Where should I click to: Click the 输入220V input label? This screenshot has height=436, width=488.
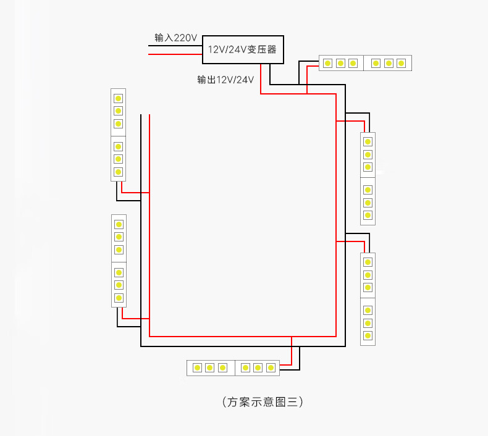pyautogui.click(x=175, y=38)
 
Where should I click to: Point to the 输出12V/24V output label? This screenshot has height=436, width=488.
pyautogui.click(x=225, y=80)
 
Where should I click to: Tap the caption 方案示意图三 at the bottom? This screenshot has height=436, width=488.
pyautogui.click(x=262, y=402)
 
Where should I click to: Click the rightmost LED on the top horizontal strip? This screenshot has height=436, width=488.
pyautogui.click(x=401, y=63)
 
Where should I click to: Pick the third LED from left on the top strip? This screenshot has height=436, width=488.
pyautogui.click(x=353, y=63)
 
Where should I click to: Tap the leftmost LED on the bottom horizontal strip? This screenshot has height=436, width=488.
pyautogui.click(x=197, y=368)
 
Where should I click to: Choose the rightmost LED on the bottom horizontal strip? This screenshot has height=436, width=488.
pyautogui.click(x=270, y=368)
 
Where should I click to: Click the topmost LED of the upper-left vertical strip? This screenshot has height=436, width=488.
pyautogui.click(x=118, y=98)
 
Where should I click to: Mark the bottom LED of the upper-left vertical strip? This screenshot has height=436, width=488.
pyautogui.click(x=118, y=172)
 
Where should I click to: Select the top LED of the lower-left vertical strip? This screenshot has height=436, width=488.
pyautogui.click(x=119, y=224)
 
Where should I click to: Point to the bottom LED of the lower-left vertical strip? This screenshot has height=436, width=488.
pyautogui.click(x=119, y=298)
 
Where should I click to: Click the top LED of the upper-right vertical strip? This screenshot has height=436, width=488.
pyautogui.click(x=368, y=141)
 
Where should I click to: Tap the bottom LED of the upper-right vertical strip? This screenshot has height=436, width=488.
pyautogui.click(x=368, y=215)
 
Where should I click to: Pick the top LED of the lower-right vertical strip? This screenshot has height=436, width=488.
pyautogui.click(x=368, y=262)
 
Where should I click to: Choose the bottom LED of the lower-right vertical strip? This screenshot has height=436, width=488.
pyautogui.click(x=368, y=335)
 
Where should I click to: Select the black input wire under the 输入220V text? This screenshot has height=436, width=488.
pyautogui.click(x=176, y=44)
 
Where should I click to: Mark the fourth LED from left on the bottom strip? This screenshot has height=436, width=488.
pyautogui.click(x=245, y=368)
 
